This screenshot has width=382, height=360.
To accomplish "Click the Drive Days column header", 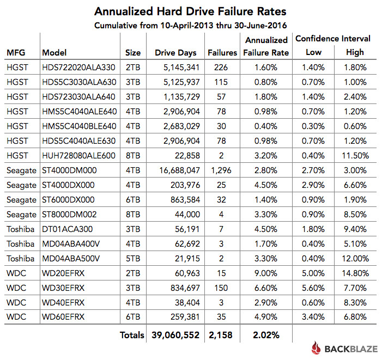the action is point(175,53).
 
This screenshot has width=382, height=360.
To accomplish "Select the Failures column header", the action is point(222,53).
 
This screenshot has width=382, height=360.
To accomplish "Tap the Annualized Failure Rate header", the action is point(266,46).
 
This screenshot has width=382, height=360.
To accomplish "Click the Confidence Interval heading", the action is point(333,39).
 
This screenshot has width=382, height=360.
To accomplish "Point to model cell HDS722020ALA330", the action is point(78,68).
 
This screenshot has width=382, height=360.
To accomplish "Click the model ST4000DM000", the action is point(69,170).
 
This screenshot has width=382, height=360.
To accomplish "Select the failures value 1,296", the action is point(221,170).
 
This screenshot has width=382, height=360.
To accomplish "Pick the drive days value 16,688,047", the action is point(179,170).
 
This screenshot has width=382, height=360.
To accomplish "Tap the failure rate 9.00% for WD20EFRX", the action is point(266,273).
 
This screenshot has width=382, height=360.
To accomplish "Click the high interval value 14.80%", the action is point(355,273).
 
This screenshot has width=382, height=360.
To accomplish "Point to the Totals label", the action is point(132,335).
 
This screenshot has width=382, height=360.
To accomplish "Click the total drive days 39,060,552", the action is point(175,335).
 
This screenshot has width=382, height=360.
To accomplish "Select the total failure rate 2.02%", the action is point(266,335).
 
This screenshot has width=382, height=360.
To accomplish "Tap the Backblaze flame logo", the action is point(317,348).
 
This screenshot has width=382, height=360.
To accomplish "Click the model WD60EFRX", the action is point(63,317).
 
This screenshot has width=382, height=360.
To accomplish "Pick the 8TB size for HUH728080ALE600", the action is point(133,156).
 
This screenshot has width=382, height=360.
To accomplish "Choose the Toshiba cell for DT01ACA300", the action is point(21,229).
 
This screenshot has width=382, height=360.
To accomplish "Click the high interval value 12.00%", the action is point(355,259).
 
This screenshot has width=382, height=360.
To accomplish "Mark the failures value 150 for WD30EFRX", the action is point(221,288).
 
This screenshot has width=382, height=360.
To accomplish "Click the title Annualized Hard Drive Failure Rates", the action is point(190,11).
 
